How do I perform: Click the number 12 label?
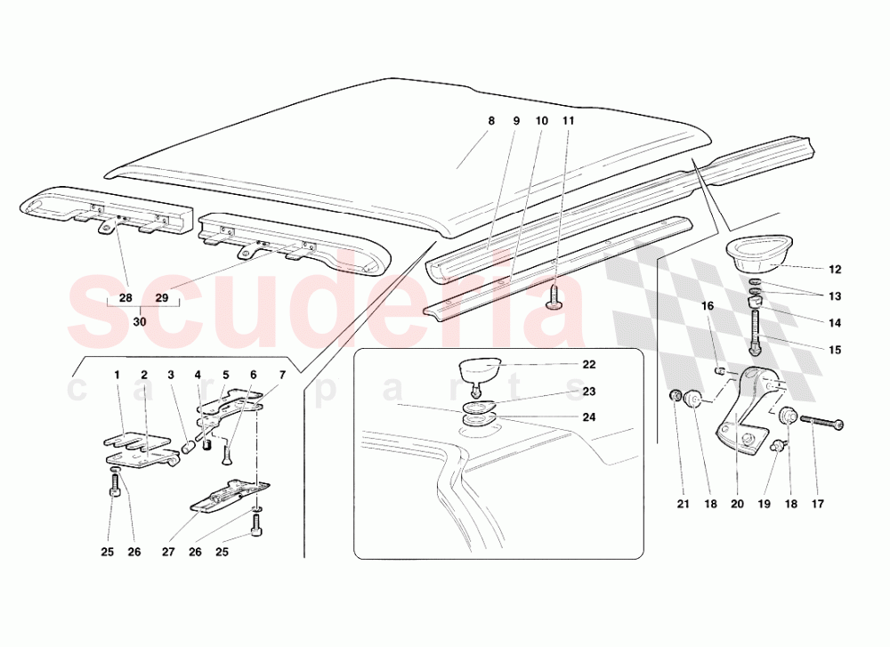834,270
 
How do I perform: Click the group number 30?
139,321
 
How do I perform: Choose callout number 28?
125,297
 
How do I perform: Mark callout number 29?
162,297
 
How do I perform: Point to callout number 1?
116,375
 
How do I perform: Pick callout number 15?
834,350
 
